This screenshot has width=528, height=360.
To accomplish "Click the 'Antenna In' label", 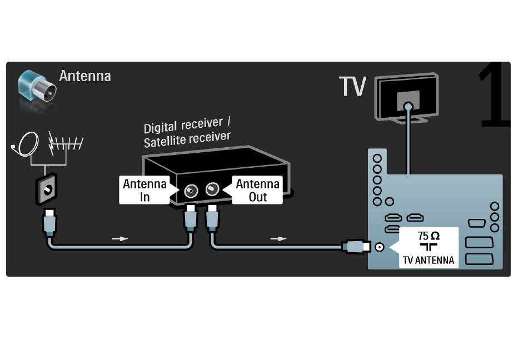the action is coord(145,191).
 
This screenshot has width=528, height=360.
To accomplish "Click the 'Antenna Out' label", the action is coord(257,191).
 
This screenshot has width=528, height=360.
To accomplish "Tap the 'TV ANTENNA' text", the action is coord(429,260).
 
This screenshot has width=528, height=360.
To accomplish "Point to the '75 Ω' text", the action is coord(429,236).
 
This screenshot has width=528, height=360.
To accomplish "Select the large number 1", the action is coord(494,94).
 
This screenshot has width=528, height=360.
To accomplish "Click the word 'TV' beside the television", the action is coord(352,86).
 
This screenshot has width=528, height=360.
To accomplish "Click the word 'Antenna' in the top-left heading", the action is coord(85,76).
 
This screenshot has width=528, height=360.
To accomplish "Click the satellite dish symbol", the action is coord(26,144).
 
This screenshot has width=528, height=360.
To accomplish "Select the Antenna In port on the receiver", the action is coord(191,191).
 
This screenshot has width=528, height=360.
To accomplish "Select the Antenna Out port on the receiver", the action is coord(212,189).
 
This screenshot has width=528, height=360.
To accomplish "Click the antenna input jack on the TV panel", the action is coord(379,247).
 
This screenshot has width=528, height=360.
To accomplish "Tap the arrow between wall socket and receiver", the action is coord(120,238).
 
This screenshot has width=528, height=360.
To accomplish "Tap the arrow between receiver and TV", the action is coord(278,238).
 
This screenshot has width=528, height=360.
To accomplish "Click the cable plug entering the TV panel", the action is coord(356,247).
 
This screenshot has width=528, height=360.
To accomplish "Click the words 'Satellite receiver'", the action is coord(187,139).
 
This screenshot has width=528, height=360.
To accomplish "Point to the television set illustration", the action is coord(407,98).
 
